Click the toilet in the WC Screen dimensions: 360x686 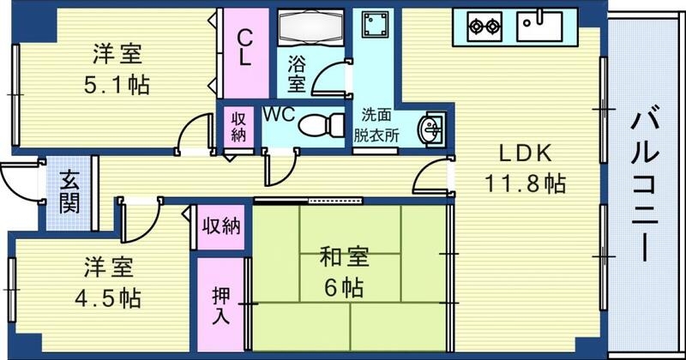[318, 125]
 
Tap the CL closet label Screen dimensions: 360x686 [244, 47]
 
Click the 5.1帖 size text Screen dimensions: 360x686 [116, 87]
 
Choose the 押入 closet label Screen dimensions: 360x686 [220, 305]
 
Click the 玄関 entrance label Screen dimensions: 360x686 [69, 193]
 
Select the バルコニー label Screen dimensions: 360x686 [645, 184]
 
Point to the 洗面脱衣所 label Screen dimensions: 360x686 [378, 123]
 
